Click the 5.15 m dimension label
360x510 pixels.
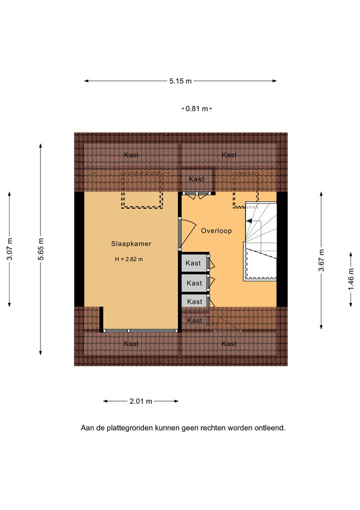click(180, 81)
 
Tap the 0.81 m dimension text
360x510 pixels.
click(196, 109)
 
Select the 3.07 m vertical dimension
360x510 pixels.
click(9, 249)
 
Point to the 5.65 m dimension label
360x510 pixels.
click(41, 249)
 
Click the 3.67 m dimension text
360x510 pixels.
click(321, 260)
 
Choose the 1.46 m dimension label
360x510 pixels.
click(351, 279)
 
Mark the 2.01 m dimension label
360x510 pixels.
click(140, 401)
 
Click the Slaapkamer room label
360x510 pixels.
click(131, 244)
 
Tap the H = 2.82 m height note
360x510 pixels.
click(128, 259)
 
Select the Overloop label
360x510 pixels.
click(216, 231)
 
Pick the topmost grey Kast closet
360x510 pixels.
click(194, 263)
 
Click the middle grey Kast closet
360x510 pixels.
click(194, 283)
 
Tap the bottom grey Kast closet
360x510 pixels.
click(194, 301)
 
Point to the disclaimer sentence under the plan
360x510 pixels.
click(183, 428)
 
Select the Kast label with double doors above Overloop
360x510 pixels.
click(196, 179)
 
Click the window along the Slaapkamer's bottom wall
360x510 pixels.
click(141, 330)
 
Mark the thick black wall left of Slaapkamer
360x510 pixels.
click(79, 249)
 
